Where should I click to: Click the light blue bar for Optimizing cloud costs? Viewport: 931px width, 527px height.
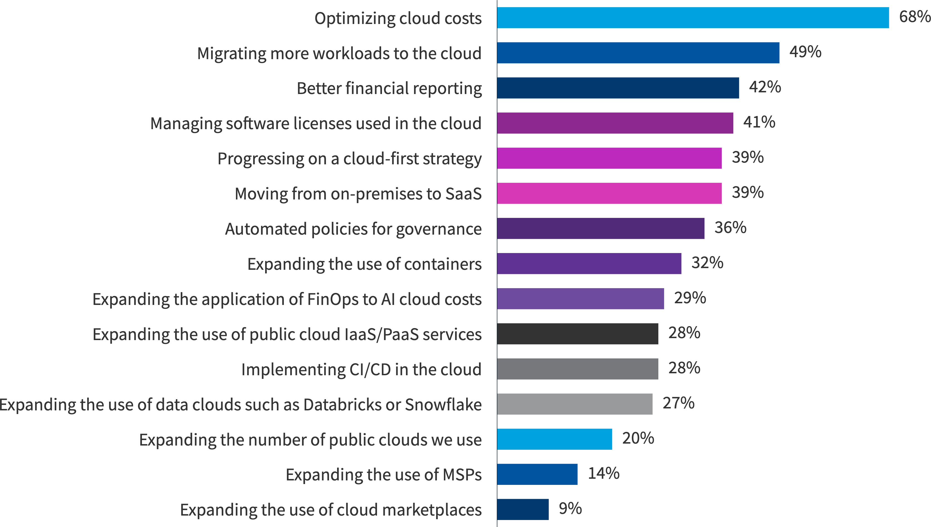693,18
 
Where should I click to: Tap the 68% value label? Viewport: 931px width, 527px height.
914,17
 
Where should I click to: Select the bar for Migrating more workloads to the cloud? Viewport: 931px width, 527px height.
638,53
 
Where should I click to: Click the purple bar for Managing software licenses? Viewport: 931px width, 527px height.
615,123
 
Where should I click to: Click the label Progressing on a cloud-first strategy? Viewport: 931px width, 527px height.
349,158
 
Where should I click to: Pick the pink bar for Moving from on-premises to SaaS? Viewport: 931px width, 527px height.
609,193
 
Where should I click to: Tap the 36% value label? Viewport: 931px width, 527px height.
730,228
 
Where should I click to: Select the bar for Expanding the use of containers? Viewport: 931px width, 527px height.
589,263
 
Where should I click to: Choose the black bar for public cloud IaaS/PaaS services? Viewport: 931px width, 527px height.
577,334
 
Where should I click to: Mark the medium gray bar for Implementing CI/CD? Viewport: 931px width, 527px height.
577,369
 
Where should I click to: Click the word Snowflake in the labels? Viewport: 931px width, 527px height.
443,404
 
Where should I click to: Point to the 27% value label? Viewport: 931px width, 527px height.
678,403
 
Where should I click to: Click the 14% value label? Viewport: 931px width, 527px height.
603,473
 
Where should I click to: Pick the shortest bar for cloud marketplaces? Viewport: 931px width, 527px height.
523,509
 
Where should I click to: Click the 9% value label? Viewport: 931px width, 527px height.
570,509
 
